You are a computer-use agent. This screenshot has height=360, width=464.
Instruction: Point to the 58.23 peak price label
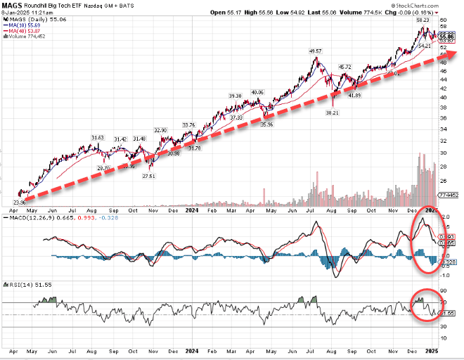coord(422,20)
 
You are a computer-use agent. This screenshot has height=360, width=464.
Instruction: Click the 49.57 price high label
coord(315,51)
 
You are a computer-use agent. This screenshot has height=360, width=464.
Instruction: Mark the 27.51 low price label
coord(147,176)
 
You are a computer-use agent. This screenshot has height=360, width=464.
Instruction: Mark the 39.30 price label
coord(235,96)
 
